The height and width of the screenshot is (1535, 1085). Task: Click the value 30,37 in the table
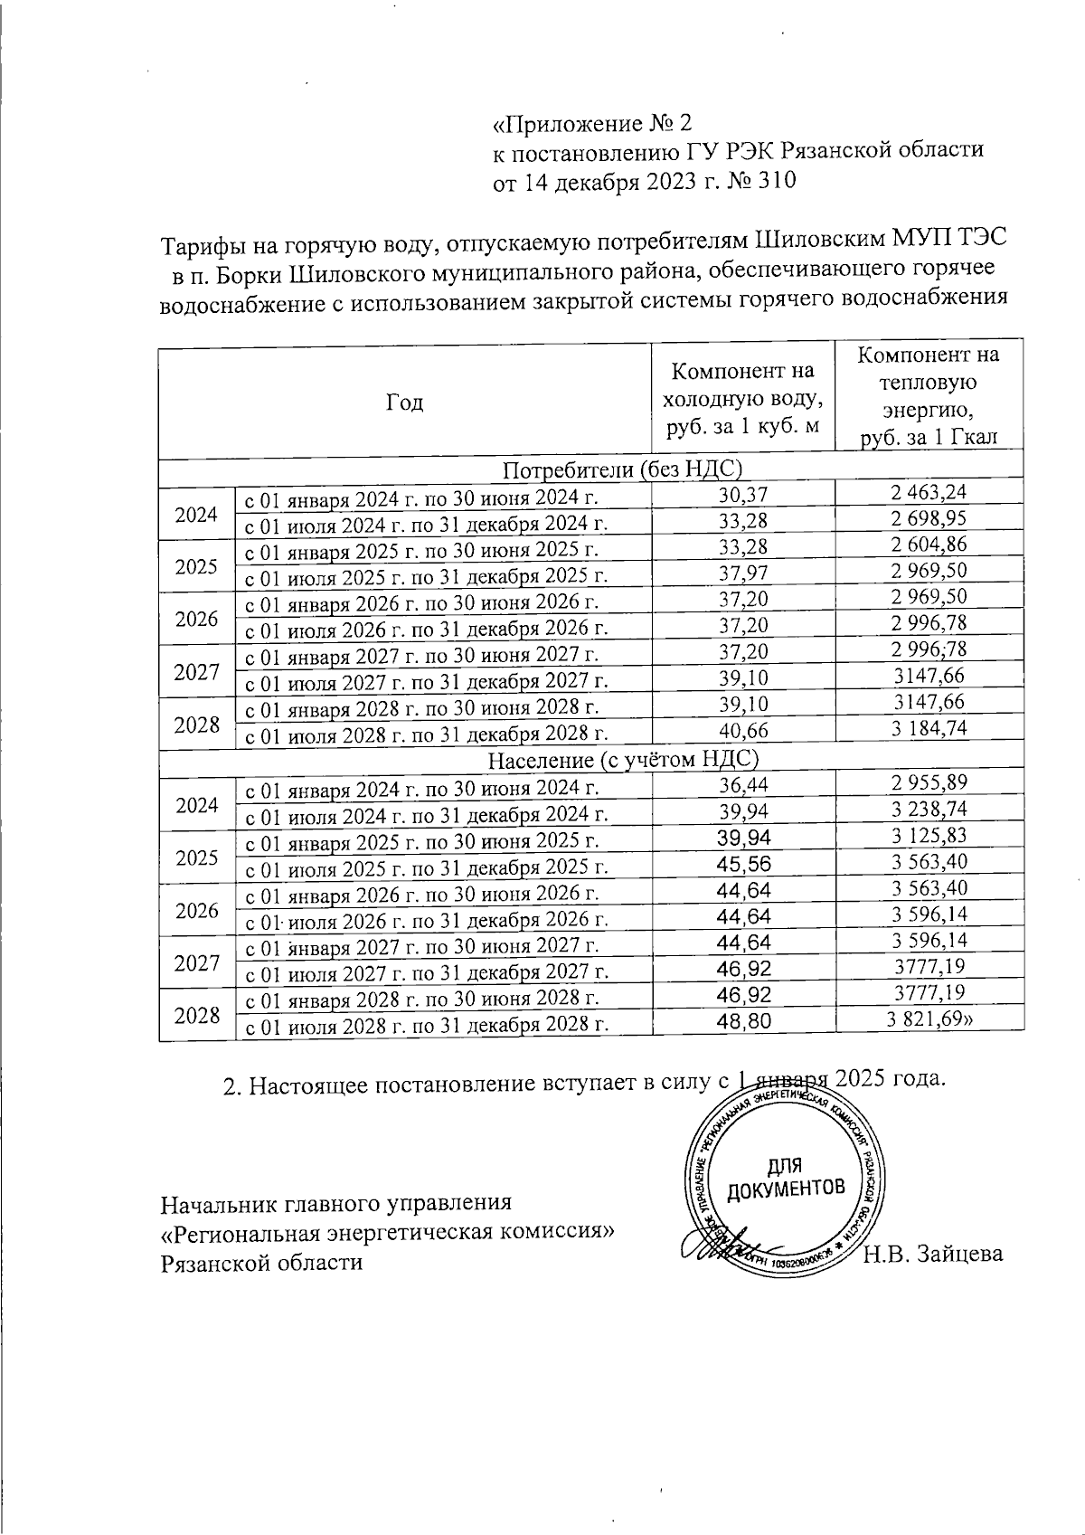click(x=741, y=494)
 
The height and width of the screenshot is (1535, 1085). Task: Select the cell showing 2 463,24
click(x=929, y=494)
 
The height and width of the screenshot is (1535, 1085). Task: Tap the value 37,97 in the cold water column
click(x=741, y=573)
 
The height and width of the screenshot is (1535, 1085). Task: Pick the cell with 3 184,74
click(x=929, y=730)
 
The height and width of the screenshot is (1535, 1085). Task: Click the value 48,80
click(x=741, y=1024)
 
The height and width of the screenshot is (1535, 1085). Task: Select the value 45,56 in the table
click(x=741, y=867)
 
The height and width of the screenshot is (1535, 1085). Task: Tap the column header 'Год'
click(x=404, y=403)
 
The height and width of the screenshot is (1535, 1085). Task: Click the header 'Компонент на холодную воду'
click(x=741, y=398)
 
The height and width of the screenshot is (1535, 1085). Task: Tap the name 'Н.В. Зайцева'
click(x=933, y=1254)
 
